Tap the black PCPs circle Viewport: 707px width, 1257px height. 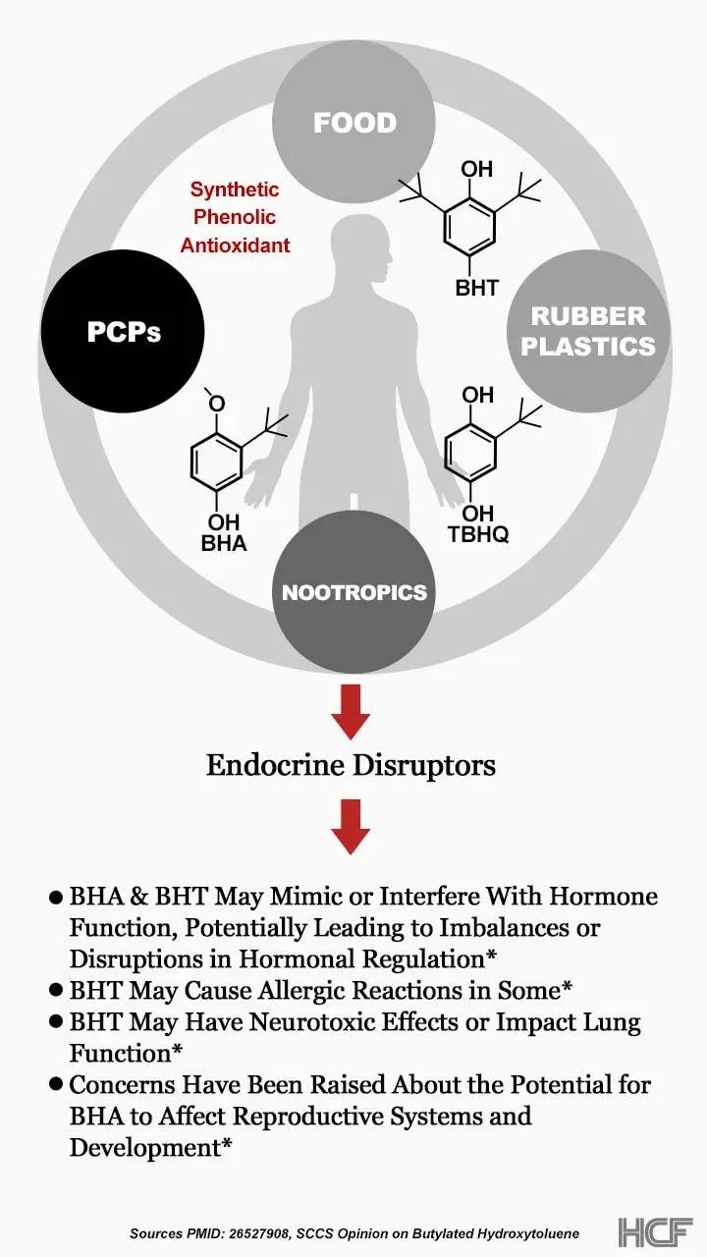pyautogui.click(x=124, y=331)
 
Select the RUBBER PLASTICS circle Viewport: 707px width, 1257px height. pyautogui.click(x=588, y=331)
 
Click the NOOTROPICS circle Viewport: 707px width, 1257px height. pyautogui.click(x=353, y=592)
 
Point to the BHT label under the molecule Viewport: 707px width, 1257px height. pyautogui.click(x=476, y=288)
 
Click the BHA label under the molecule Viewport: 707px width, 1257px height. pyautogui.click(x=223, y=542)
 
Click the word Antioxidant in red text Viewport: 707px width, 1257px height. pyautogui.click(x=236, y=245)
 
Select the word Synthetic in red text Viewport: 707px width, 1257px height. pyautogui.click(x=235, y=190)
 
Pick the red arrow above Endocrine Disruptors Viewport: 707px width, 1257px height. pyautogui.click(x=351, y=712)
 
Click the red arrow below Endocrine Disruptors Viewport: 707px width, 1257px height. pyautogui.click(x=351, y=826)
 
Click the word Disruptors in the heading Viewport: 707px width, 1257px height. pyautogui.click(x=425, y=765)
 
